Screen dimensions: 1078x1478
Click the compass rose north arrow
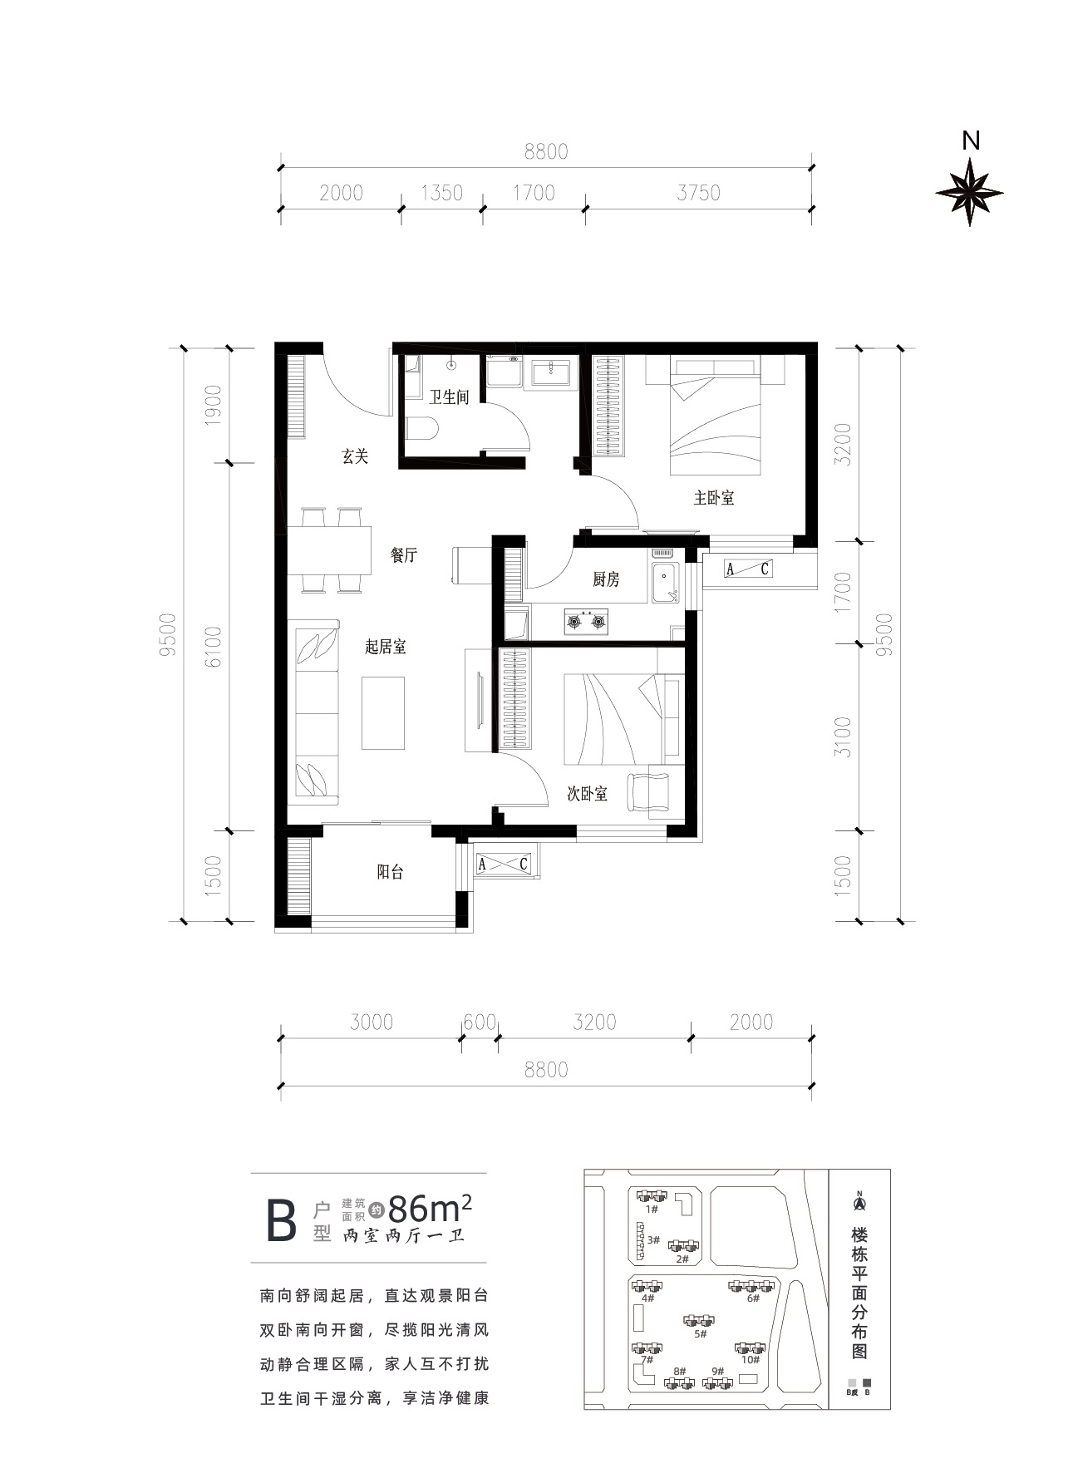point(969,192)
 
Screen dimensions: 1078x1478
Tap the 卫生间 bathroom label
point(450,397)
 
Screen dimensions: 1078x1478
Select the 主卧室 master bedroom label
point(714,498)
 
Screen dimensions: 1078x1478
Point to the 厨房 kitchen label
point(606,579)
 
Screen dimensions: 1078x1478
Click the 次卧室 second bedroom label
point(587,794)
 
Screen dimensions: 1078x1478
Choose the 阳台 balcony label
point(391,872)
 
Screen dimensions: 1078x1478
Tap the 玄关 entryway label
point(355,456)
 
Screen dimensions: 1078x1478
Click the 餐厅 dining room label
point(404,555)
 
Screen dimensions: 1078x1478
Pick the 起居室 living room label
point(386,647)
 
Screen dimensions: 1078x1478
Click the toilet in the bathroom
point(422,429)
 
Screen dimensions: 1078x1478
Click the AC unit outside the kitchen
point(748,569)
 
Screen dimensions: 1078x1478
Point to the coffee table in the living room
point(383,712)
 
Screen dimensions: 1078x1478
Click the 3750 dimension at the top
point(698,193)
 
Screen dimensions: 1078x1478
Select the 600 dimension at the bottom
point(480,1022)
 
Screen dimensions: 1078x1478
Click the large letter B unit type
point(281,1220)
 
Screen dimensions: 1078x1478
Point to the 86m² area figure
point(431,1207)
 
